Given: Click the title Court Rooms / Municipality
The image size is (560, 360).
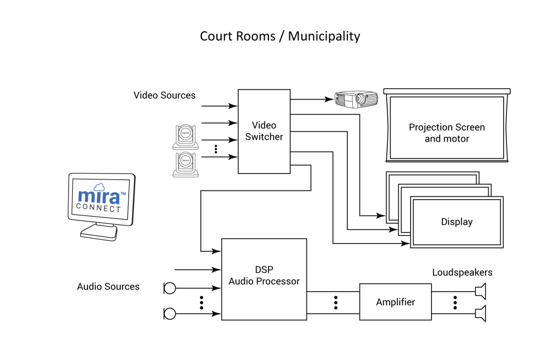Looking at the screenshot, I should pos(280,37).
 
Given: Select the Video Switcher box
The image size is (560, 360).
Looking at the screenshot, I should pos(264,131).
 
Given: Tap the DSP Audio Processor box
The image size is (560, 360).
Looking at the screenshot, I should pos(264,279).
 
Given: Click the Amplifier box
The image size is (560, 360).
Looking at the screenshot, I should pos(395,302).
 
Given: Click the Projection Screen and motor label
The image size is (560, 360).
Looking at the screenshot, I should pos(447,133).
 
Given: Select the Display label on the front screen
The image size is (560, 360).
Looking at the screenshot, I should pos(457,222).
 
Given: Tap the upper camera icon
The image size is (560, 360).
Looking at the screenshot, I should pos(186,137).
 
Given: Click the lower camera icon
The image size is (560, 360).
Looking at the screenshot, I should pos(186,165).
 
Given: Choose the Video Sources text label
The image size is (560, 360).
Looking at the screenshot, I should pos(164,95).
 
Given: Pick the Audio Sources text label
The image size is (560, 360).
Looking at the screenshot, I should pos(108,287).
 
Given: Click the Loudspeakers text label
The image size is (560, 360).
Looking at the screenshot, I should pos(462,272).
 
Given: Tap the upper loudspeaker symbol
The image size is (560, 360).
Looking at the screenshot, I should pos(481,291).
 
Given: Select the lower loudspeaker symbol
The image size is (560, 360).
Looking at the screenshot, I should pos(481,313).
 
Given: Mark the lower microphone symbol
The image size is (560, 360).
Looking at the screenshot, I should pos(170,313).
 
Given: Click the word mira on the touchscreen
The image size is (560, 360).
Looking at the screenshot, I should pos(98,196).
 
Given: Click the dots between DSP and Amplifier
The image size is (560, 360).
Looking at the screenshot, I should pos(335,302).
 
